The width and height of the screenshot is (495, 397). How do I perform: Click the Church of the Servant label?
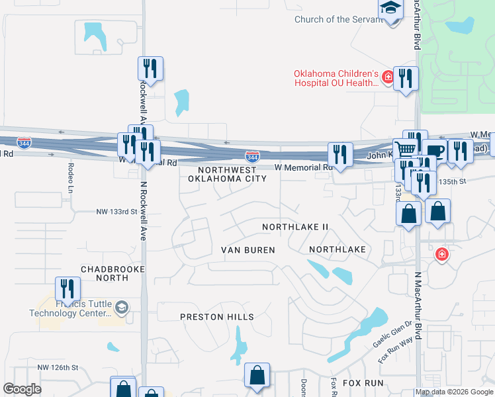pos(339,19)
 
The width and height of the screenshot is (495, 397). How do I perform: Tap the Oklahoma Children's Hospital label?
pos(337,78)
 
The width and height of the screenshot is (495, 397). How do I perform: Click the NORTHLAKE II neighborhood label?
pos(295,227)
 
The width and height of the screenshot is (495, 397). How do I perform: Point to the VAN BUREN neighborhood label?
pos(247,249)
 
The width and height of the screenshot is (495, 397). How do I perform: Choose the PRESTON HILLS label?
pos(217,317)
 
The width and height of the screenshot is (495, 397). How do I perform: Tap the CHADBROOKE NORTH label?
pos(104,274)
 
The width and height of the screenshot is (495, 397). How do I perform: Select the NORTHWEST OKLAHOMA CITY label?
pos(227,174)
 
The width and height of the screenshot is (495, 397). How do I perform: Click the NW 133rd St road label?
pos(116,212)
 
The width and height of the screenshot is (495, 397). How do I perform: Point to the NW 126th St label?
pos(58,367)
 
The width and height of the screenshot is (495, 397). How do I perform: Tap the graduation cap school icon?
pos(391,9)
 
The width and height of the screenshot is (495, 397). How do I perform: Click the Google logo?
pos(22,389)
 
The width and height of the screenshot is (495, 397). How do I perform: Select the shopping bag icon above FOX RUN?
pos(257,376)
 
